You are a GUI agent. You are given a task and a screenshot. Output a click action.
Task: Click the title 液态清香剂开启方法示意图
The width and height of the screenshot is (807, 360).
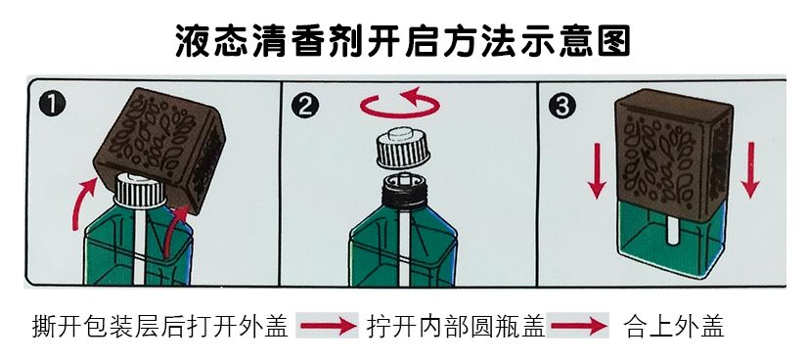403,39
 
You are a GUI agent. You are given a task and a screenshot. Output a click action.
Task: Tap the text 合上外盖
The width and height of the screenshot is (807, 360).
673,326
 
